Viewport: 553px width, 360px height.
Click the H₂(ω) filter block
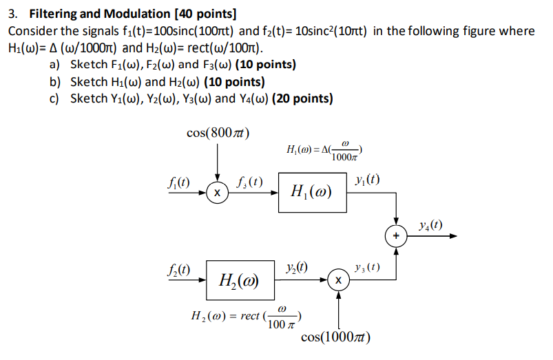click(x=239, y=280)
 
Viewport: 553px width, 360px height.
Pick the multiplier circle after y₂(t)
click(x=338, y=281)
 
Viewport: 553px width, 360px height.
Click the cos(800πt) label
click(x=218, y=133)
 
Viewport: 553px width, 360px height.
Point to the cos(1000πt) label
click(x=337, y=337)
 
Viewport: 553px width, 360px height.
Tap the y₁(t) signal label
click(x=366, y=180)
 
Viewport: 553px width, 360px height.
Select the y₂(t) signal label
click(x=296, y=267)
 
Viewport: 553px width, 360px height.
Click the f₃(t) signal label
click(x=249, y=182)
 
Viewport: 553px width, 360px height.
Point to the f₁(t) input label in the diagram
click(x=179, y=182)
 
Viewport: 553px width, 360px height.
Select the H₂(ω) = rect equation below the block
click(x=246, y=317)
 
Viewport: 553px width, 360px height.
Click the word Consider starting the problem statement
click(x=32, y=31)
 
